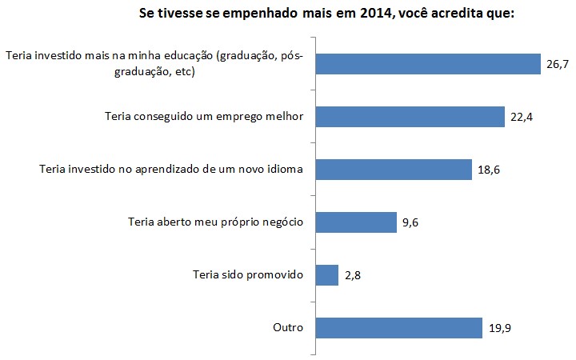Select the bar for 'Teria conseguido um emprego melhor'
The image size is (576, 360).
pos(410,117)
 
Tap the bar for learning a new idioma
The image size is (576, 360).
pos(394,170)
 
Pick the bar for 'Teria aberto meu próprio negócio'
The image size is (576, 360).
pos(357,222)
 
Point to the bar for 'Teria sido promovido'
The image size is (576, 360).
pos(327,274)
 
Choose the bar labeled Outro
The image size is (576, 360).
pos(399,327)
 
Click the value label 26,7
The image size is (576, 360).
pos(558,64)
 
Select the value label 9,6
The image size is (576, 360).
pos(411,222)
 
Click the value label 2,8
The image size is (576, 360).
pos(353,274)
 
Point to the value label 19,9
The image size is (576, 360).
pos(498,327)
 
